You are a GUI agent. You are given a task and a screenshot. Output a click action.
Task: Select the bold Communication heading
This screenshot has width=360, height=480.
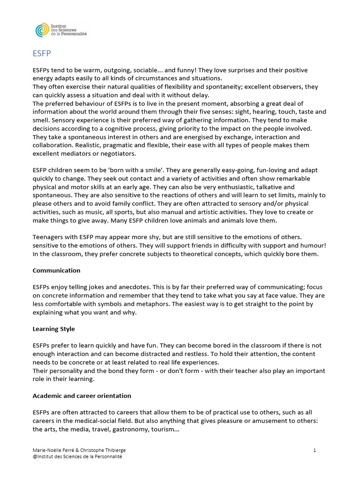tap(56, 270)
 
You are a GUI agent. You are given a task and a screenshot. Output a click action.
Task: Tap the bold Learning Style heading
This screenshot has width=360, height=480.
tap(53, 329)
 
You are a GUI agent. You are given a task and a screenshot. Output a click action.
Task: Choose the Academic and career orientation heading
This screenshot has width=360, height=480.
tap(82, 396)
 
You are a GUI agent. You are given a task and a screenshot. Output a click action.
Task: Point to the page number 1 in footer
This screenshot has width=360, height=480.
tap(315, 450)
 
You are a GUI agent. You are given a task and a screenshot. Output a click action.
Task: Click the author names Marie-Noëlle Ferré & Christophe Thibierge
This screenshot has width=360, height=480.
tap(79, 450)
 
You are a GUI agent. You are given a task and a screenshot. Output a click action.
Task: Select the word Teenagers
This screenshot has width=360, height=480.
tap(49, 237)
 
